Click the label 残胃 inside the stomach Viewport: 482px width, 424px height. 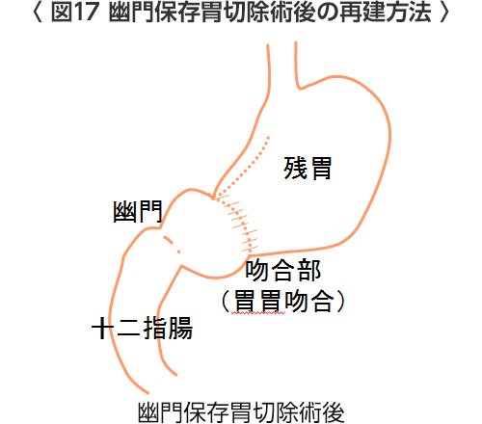[x=308, y=168]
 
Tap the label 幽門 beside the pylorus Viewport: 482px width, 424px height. [x=138, y=212]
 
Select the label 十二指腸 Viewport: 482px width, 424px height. [x=142, y=328]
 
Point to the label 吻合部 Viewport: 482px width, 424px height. [x=283, y=271]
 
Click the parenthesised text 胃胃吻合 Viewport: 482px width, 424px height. [x=282, y=301]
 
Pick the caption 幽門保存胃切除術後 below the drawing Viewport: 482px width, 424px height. [x=241, y=412]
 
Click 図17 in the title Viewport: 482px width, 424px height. [x=74, y=13]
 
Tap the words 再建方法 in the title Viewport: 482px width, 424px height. [x=385, y=13]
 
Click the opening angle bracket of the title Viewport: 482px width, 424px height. [x=38, y=13]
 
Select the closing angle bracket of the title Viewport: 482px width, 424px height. [x=444, y=13]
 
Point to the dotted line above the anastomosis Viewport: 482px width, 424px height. [x=243, y=167]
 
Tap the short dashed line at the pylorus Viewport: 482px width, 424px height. [x=173, y=245]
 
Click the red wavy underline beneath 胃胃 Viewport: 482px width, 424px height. [x=258, y=313]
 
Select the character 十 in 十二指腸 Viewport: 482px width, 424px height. [x=102, y=328]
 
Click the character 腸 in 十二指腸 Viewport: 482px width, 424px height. [x=180, y=328]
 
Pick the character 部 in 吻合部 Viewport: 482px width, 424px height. [x=309, y=271]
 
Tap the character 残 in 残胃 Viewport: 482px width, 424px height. [x=295, y=168]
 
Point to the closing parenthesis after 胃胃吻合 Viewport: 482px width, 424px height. [x=340, y=301]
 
